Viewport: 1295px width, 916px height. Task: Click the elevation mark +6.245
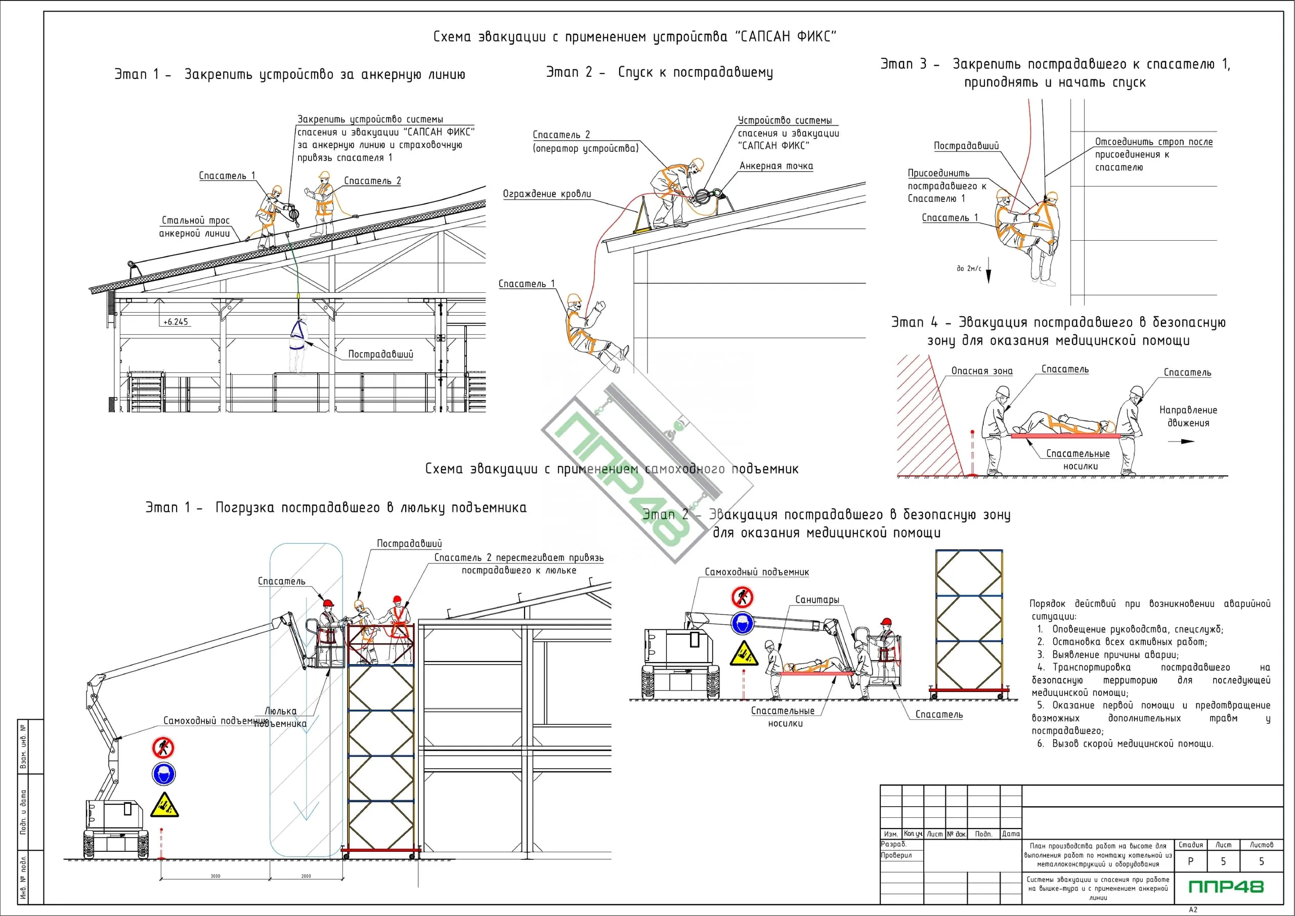176,322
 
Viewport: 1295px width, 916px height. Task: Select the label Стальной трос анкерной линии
195,227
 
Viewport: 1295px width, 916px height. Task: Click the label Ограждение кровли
546,194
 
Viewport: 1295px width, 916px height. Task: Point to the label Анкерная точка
776,166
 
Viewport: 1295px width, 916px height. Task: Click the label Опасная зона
982,371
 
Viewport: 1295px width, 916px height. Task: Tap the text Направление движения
1188,416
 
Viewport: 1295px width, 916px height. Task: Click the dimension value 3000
215,876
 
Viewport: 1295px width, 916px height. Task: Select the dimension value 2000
306,876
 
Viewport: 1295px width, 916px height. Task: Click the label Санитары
817,599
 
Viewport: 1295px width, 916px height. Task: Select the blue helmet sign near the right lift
743,623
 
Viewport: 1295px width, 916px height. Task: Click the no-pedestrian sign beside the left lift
163,748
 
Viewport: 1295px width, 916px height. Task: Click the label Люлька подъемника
280,717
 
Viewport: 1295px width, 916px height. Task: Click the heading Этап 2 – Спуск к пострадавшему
659,72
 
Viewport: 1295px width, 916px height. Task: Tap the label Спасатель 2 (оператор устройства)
585,142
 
